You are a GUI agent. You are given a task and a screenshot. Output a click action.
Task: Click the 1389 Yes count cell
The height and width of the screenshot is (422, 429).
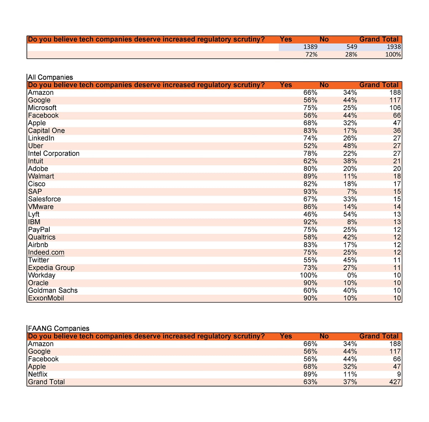click(x=310, y=47)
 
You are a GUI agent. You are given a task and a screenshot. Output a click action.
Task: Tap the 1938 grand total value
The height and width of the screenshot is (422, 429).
click(x=394, y=47)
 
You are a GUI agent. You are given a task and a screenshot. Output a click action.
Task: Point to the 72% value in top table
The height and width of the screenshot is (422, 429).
click(x=311, y=55)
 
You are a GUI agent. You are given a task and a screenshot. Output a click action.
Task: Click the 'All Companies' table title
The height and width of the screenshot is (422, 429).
click(x=50, y=77)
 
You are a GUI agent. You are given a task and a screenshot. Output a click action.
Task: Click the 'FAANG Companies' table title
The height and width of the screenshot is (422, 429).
click(x=59, y=328)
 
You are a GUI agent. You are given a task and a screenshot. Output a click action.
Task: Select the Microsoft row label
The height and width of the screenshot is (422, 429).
click(x=42, y=108)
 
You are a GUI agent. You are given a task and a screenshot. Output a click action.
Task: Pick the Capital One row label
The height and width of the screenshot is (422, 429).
click(x=46, y=131)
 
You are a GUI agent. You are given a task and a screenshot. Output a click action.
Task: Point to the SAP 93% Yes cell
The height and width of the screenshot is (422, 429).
click(x=310, y=191)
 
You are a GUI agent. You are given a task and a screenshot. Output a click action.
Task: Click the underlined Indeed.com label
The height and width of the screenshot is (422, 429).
click(x=46, y=252)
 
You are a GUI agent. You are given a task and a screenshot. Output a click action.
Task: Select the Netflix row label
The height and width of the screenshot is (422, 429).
click(x=38, y=374)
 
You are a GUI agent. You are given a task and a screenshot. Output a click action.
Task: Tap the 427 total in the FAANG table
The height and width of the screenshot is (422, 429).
click(x=395, y=382)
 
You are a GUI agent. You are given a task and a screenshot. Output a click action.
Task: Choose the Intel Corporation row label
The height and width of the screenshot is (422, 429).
click(x=54, y=153)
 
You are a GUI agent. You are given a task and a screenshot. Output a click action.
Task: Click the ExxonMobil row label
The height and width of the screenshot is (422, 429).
click(x=46, y=298)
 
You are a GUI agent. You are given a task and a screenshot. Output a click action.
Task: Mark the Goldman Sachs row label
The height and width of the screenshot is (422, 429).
click(x=53, y=290)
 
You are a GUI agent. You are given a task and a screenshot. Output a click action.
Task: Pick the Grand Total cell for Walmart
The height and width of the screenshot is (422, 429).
click(x=397, y=176)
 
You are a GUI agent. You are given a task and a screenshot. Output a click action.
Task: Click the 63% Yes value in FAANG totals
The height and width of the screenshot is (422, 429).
click(x=310, y=382)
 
